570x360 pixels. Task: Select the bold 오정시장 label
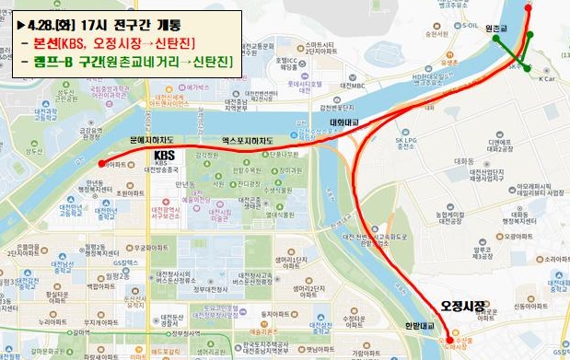(462, 304)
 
